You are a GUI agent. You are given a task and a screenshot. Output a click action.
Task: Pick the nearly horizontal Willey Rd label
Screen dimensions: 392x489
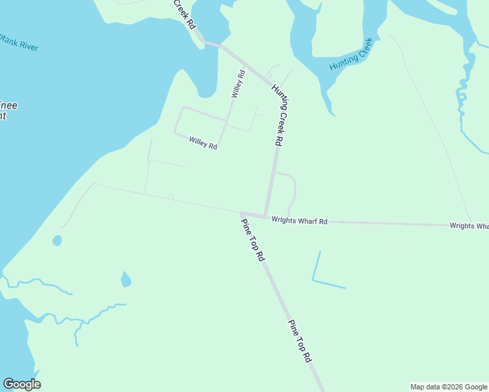pyautogui.click(x=203, y=142)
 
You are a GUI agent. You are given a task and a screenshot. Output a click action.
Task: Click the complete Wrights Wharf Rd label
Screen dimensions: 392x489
pyautogui.click(x=299, y=221)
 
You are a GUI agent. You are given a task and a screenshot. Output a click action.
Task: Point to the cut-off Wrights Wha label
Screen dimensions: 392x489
pyautogui.click(x=469, y=226)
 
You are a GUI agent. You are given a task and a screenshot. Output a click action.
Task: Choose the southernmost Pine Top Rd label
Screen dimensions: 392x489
pyautogui.click(x=301, y=341)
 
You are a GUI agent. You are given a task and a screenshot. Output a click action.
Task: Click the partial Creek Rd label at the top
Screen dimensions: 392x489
pyautogui.click(x=184, y=13)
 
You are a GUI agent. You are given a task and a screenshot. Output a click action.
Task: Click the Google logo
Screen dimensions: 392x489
pyautogui.click(x=22, y=384)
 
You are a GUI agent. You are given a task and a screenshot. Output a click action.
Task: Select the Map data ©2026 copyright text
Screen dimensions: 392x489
pyautogui.click(x=448, y=387)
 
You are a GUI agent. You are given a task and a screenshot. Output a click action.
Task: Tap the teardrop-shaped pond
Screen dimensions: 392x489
pyautogui.click(x=126, y=280)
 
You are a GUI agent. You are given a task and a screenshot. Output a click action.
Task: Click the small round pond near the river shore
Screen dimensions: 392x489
pyautogui.click(x=57, y=240)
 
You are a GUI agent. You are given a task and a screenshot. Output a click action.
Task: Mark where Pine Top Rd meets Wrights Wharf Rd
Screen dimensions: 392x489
pyautogui.click(x=242, y=214)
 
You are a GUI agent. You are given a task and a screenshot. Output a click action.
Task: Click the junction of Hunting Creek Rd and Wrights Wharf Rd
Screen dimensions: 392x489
pyautogui.click(x=265, y=216)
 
